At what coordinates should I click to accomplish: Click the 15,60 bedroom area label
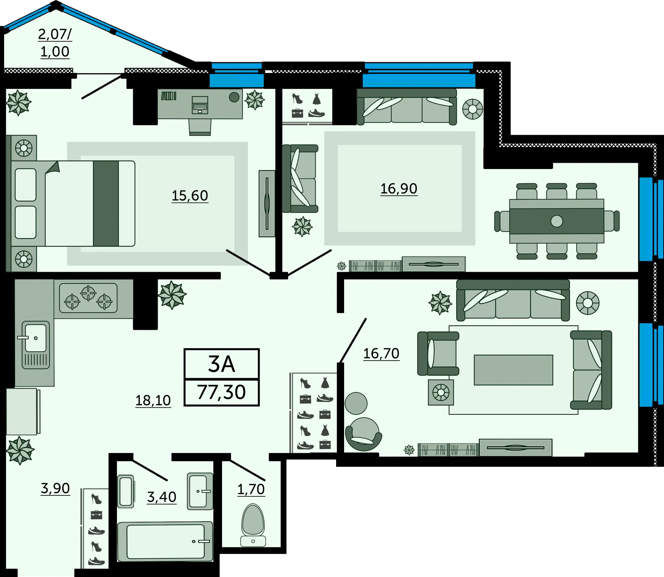[190, 196]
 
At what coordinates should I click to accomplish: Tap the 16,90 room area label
[399, 189]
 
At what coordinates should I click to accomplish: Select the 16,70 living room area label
[381, 354]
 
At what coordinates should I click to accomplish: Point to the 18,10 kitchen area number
[153, 401]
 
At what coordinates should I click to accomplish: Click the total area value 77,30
[222, 392]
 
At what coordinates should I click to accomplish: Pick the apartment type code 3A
[222, 364]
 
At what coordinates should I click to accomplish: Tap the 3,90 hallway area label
[55, 488]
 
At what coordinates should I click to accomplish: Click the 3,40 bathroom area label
[162, 497]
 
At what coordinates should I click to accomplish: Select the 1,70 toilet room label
[251, 490]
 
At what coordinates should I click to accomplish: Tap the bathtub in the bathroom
[165, 541]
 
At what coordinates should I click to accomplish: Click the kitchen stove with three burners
[88, 298]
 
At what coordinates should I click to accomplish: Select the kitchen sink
[36, 345]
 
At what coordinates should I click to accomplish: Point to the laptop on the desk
[200, 105]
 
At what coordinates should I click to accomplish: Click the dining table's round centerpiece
[557, 221]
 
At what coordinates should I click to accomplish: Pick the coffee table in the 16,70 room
[514, 370]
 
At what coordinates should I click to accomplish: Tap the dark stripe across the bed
[106, 204]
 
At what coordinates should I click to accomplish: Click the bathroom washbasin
[200, 491]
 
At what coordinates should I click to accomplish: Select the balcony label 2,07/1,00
[55, 43]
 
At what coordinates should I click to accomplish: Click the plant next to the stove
[172, 295]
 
